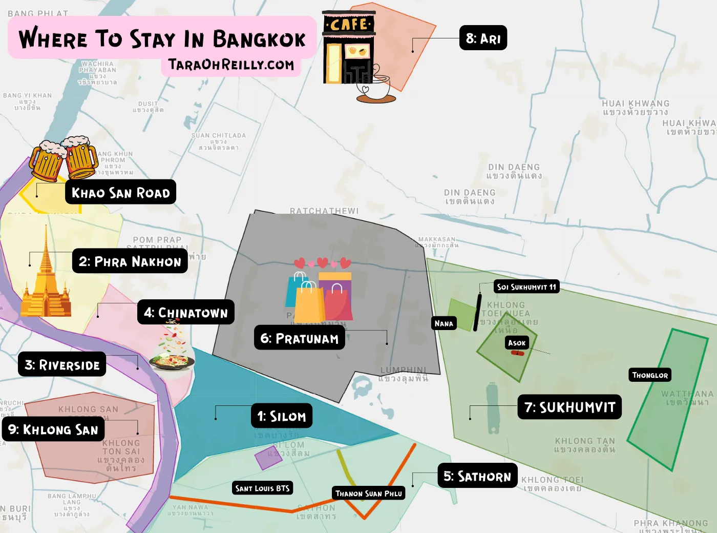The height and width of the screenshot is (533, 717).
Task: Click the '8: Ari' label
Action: pyautogui.click(x=483, y=38)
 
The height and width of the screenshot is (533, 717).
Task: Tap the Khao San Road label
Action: pyautogui.click(x=120, y=192)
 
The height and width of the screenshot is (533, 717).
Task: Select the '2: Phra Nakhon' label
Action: pyautogui.click(x=130, y=261)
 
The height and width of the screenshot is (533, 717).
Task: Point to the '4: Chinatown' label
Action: pyautogui.click(x=185, y=313)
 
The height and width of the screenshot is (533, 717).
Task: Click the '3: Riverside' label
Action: pyautogui.click(x=62, y=364)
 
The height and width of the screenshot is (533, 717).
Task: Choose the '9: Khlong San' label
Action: pyautogui.click(x=53, y=429)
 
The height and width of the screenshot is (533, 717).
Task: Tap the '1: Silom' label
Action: pyautogui.click(x=281, y=416)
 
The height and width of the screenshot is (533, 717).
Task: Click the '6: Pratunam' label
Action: pyautogui.click(x=299, y=338)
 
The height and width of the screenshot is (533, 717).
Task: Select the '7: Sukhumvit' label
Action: pyautogui.click(x=570, y=407)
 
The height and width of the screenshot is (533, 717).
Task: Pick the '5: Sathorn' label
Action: pyautogui.click(x=477, y=476)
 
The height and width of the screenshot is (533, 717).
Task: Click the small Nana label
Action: pyautogui.click(x=444, y=323)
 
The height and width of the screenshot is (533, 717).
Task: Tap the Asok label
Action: pyautogui.click(x=517, y=343)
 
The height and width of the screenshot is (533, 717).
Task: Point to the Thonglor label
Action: pyautogui.click(x=650, y=375)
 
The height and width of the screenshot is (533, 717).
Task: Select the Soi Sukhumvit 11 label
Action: pyautogui.click(x=526, y=287)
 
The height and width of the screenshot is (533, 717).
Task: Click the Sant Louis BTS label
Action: pyautogui.click(x=262, y=488)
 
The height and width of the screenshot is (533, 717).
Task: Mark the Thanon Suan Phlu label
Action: pyautogui.click(x=368, y=494)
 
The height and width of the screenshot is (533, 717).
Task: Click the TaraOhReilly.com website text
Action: pyautogui.click(x=231, y=65)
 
